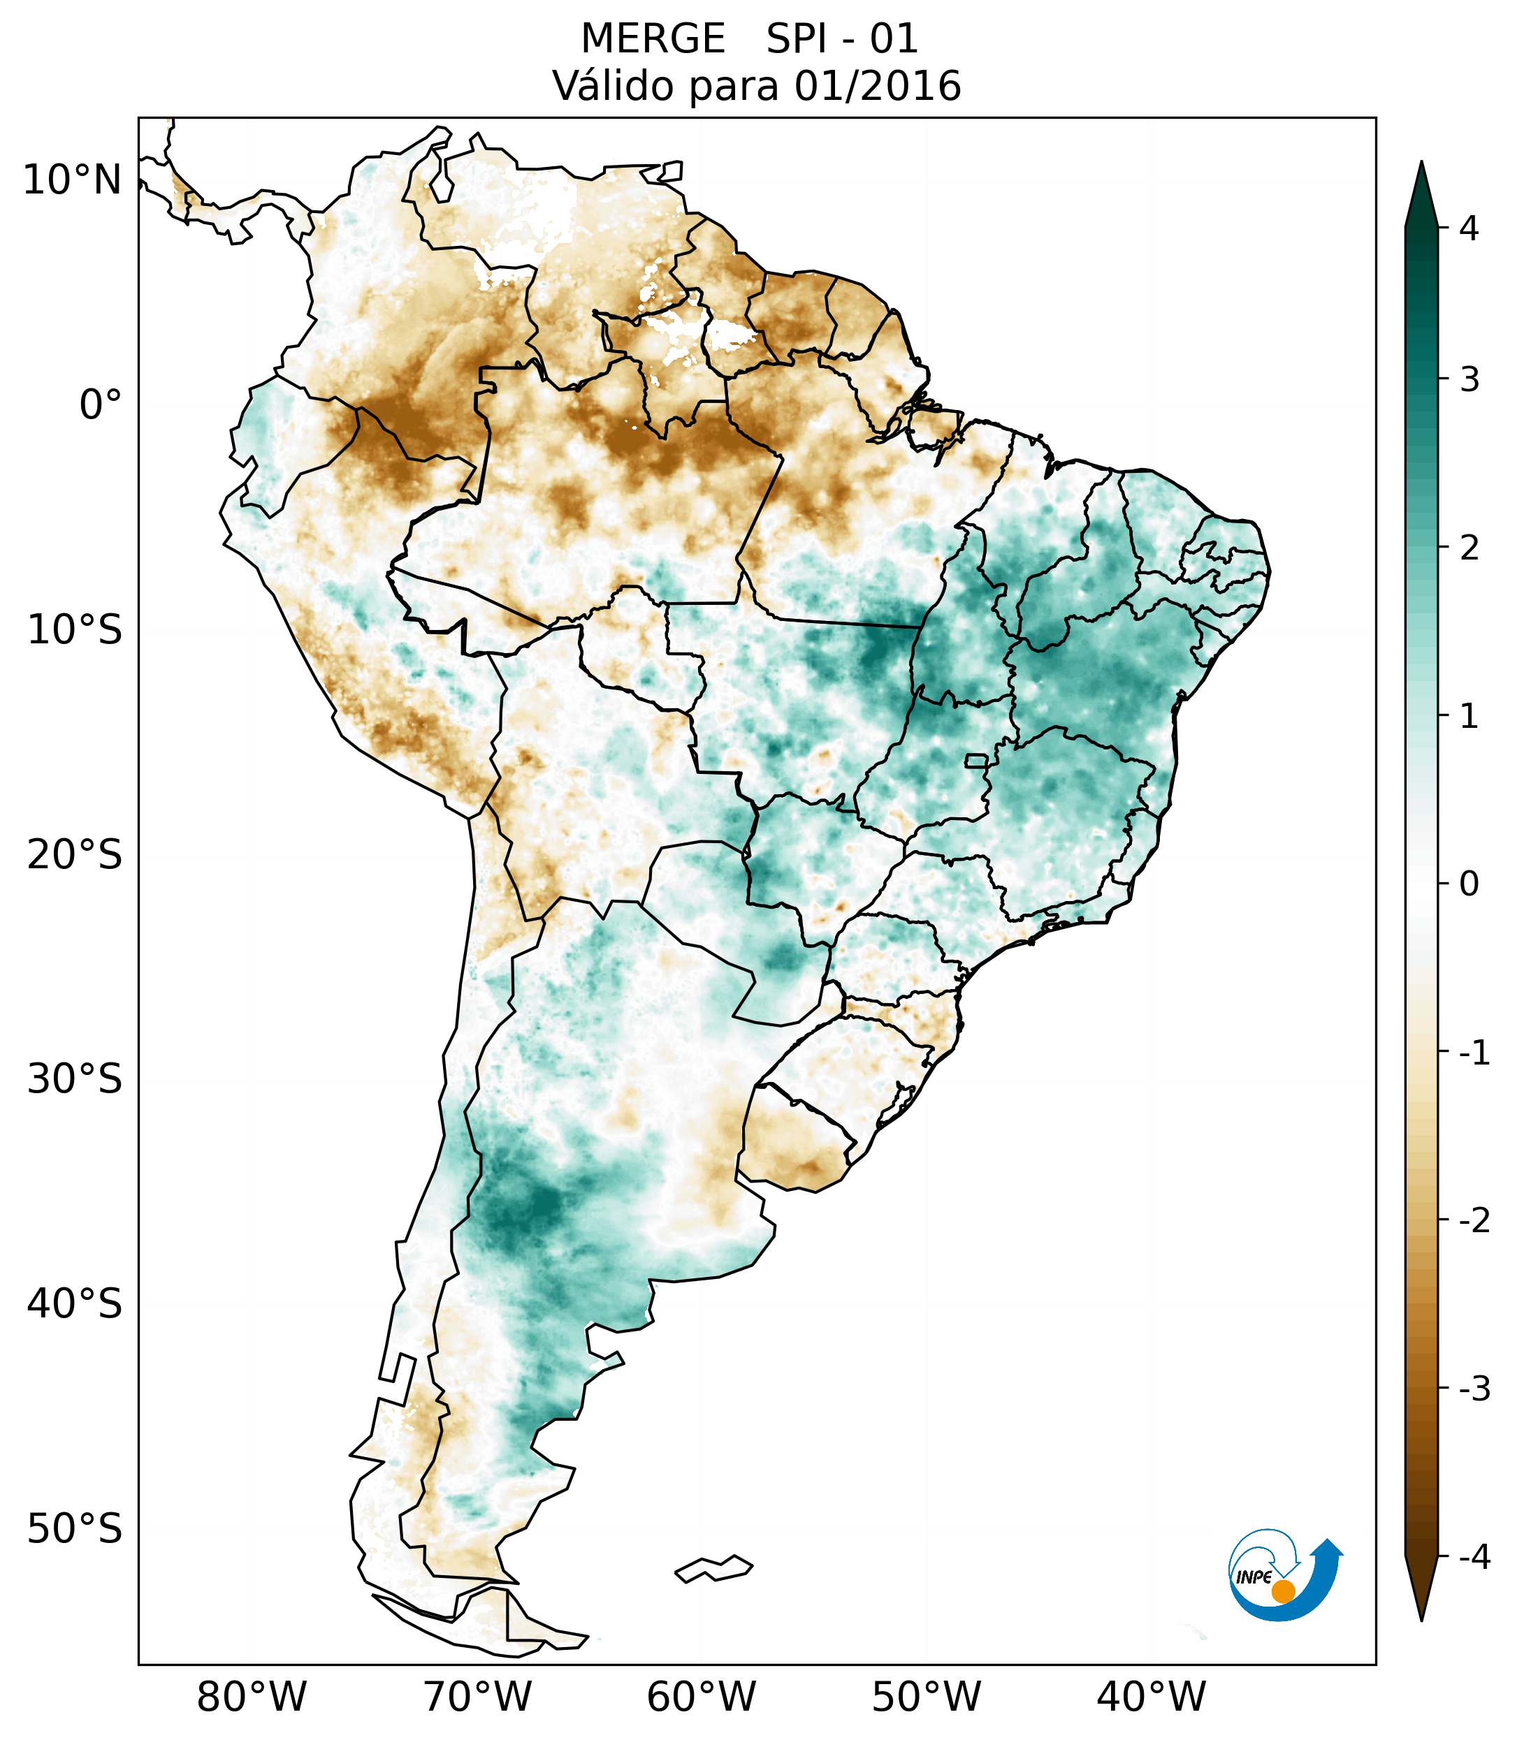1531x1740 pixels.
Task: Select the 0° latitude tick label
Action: [100, 405]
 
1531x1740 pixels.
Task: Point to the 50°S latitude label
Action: [74, 1529]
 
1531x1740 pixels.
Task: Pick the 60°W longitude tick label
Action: [701, 1697]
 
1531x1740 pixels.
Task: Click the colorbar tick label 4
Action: [1469, 228]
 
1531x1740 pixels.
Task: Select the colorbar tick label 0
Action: [1469, 884]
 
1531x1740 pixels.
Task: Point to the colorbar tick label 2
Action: [1469, 548]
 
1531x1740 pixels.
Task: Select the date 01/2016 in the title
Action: [877, 86]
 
